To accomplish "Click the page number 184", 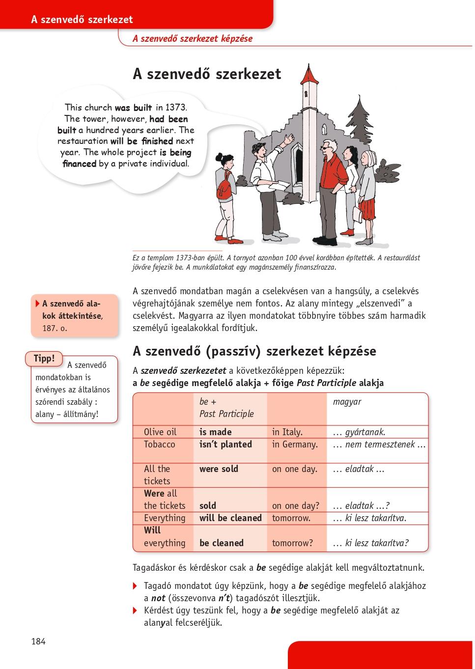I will [38, 641].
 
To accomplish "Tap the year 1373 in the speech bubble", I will [176, 107].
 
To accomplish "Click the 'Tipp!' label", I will [44, 359].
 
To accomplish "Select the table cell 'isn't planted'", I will [225, 444].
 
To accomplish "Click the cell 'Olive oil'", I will [160, 432].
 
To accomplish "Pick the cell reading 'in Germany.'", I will [295, 444].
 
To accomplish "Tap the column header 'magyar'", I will [347, 401].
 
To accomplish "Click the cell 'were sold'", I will [219, 469].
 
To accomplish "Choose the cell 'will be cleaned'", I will [230, 518].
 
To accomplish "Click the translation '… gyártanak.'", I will [359, 432].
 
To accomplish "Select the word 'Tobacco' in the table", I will [160, 444].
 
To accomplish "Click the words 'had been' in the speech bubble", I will [168, 119].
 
